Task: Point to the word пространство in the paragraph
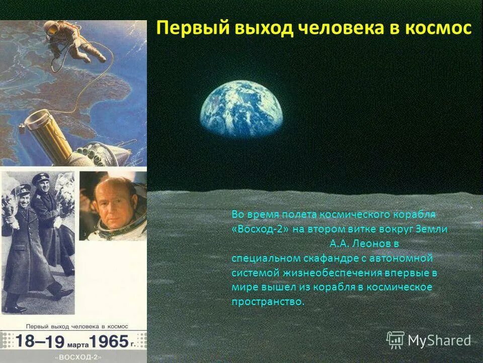tap(268, 302)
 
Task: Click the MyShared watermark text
tap(439, 340)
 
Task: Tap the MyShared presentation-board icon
tap(395, 340)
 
